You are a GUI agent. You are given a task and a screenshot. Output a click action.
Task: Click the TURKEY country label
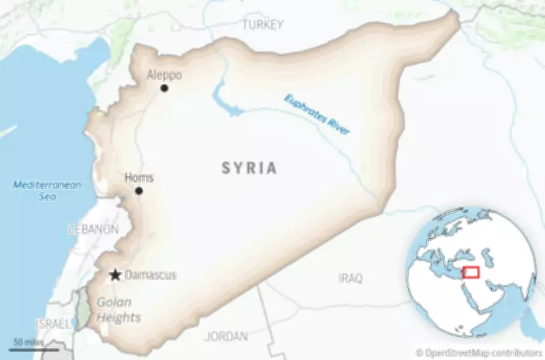[x=262, y=25]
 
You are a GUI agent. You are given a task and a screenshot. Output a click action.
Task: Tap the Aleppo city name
[x=164, y=74]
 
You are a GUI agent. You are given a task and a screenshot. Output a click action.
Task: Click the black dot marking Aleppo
[x=164, y=88]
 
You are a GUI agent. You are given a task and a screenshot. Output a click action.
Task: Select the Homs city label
[x=139, y=178]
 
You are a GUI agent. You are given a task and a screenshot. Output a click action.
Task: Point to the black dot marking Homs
[x=139, y=191]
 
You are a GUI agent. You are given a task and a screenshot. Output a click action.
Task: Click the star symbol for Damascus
[x=116, y=275]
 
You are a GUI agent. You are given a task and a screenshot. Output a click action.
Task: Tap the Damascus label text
[x=151, y=275]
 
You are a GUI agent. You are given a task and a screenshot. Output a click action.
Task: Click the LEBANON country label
[x=93, y=229]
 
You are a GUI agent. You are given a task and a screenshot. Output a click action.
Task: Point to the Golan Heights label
[x=118, y=310]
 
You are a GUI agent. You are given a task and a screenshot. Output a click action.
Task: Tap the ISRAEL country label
[x=52, y=324]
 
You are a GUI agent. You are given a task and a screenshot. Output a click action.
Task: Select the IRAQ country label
[x=350, y=278]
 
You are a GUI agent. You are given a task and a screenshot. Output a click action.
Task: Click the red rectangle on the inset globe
[x=469, y=273]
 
